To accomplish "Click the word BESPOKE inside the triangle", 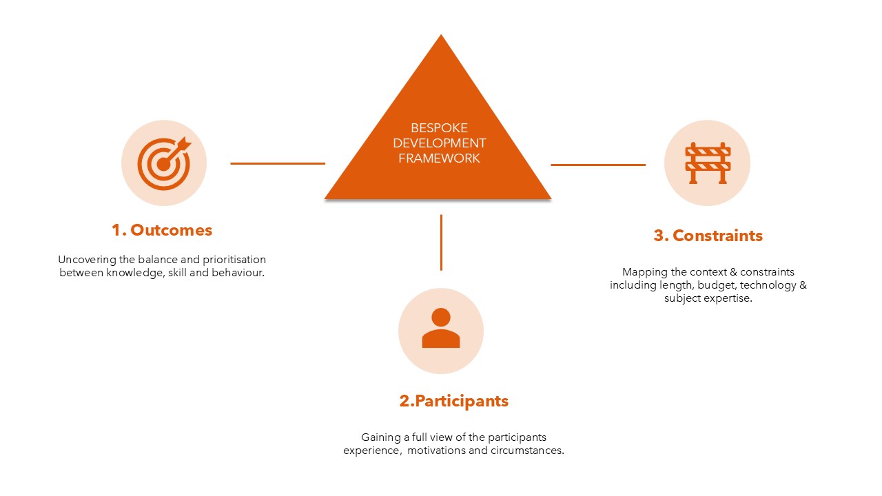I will click(439, 128).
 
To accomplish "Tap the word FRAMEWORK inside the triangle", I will click(439, 158).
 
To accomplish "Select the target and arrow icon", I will click(163, 163).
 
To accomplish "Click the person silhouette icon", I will click(441, 329).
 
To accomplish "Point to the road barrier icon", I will click(707, 163).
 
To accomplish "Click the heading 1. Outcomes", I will click(162, 230).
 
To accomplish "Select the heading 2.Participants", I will click(454, 401).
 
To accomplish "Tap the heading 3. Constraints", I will click(708, 236).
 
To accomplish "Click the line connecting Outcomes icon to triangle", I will click(277, 163).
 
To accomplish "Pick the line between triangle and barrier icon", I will click(597, 165).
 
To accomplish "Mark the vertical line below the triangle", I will click(441, 242).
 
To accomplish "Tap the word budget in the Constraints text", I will click(717, 285).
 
